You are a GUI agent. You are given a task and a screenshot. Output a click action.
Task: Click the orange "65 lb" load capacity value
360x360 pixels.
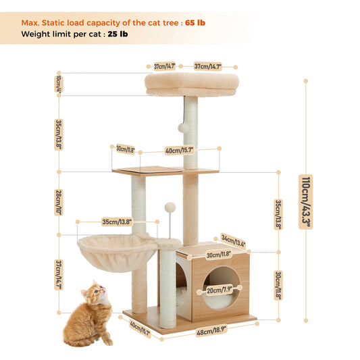(x=196, y=22)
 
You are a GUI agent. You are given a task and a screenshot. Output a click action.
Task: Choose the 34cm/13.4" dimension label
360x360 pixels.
(x=234, y=240)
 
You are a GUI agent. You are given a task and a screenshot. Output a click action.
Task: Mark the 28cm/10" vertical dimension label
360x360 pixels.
(x=59, y=201)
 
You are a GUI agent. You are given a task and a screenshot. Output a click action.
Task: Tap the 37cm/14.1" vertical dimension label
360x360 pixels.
(x=59, y=275)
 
